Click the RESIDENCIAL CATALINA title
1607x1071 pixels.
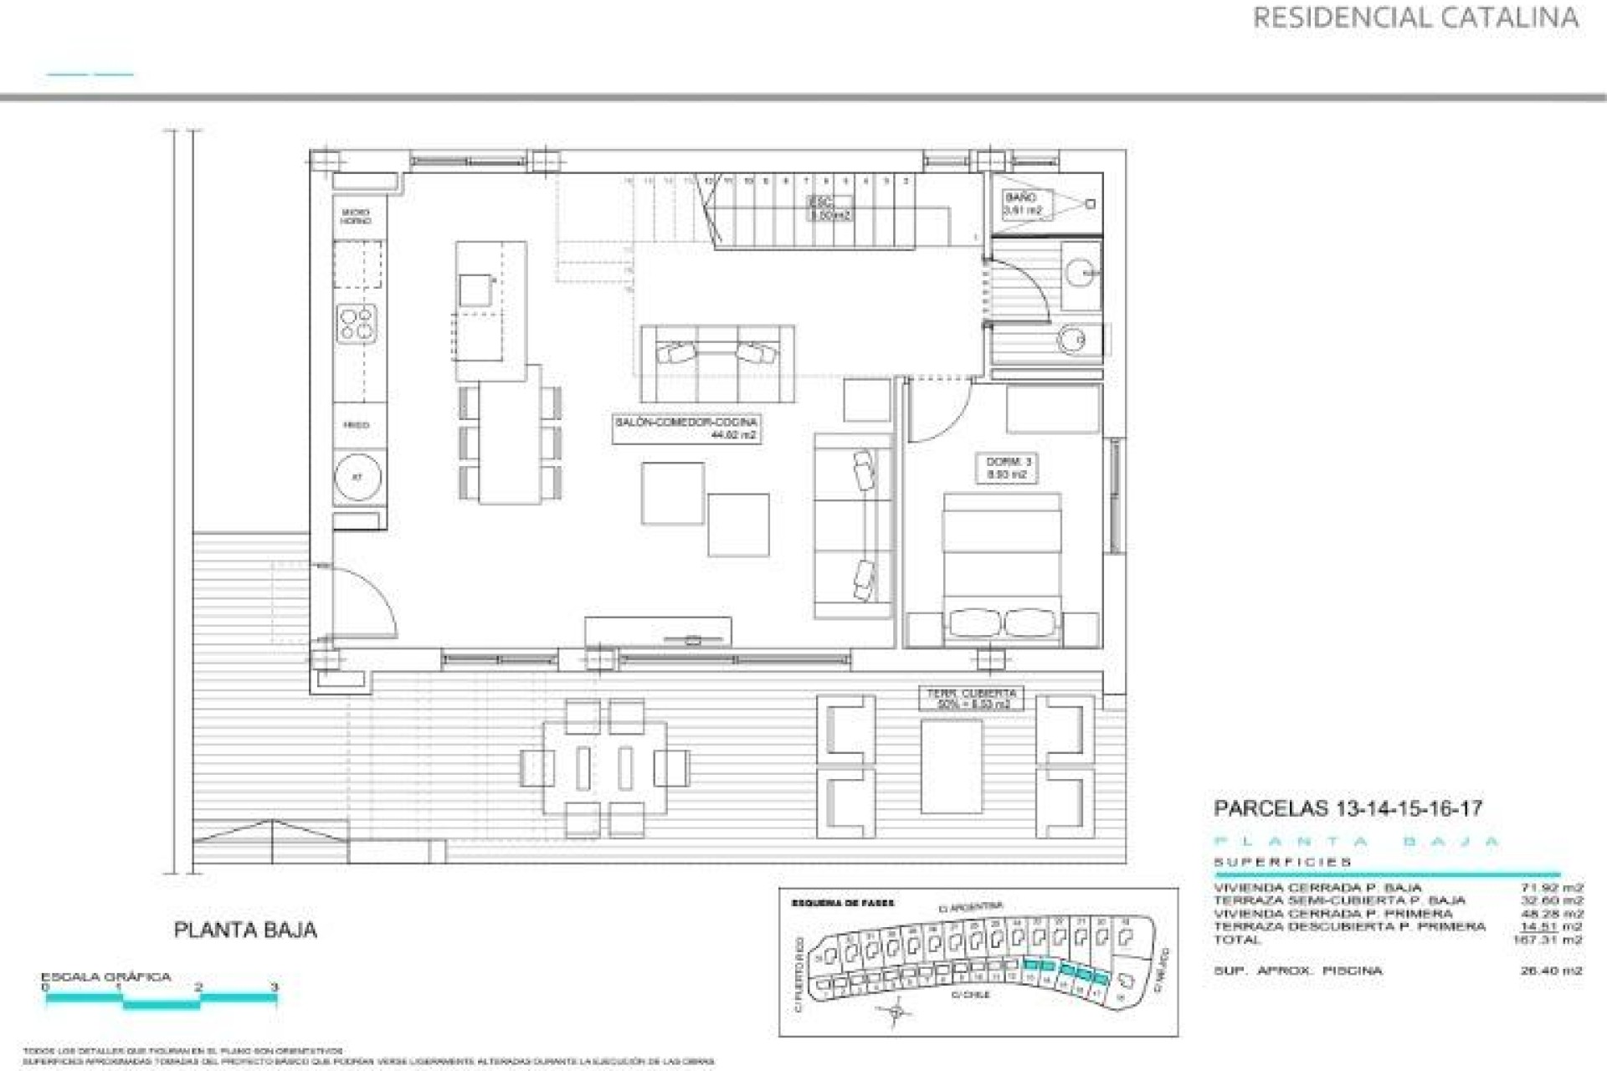(x=1415, y=18)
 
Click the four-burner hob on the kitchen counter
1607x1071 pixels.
(x=357, y=324)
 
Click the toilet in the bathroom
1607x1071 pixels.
(x=1072, y=340)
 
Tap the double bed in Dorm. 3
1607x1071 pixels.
(x=1003, y=569)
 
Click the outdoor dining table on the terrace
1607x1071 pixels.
(x=604, y=768)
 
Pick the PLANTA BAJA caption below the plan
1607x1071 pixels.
(x=245, y=930)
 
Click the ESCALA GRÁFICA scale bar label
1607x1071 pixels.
(x=106, y=976)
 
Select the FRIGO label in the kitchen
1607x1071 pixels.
(x=356, y=426)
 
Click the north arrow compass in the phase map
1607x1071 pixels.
(x=896, y=1013)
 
